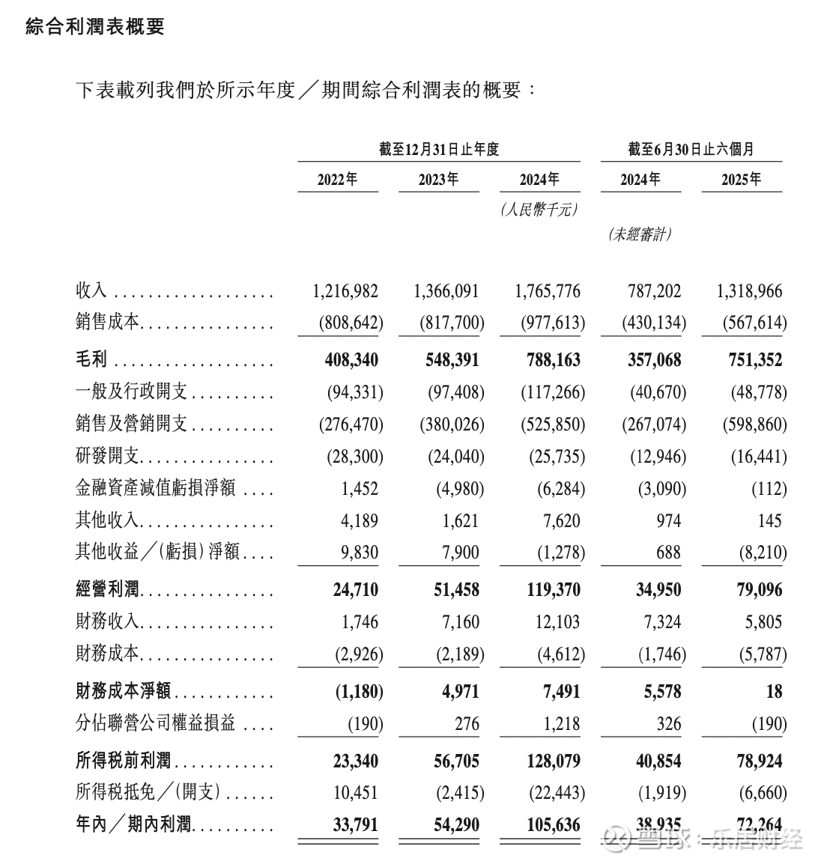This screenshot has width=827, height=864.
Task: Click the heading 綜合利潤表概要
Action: tap(95, 28)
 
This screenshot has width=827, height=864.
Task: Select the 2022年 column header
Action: tap(337, 180)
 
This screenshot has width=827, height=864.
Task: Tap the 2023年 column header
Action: tap(438, 180)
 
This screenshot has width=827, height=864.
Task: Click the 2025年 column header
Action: tap(741, 180)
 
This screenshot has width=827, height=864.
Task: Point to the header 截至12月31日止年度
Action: tap(438, 149)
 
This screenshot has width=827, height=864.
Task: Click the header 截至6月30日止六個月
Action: tap(691, 149)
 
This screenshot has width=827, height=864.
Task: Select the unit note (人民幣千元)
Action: tap(539, 210)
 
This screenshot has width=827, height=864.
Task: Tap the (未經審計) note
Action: tap(640, 234)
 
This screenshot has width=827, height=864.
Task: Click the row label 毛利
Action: tap(92, 360)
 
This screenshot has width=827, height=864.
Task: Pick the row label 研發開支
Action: tap(108, 456)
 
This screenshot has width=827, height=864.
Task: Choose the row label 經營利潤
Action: tap(108, 590)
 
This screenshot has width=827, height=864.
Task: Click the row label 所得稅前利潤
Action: tap(124, 761)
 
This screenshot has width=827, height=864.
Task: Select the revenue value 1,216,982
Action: tap(345, 291)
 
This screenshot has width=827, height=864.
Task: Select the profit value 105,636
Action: tap(548, 825)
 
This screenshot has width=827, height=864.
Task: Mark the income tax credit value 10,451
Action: tap(355, 793)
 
